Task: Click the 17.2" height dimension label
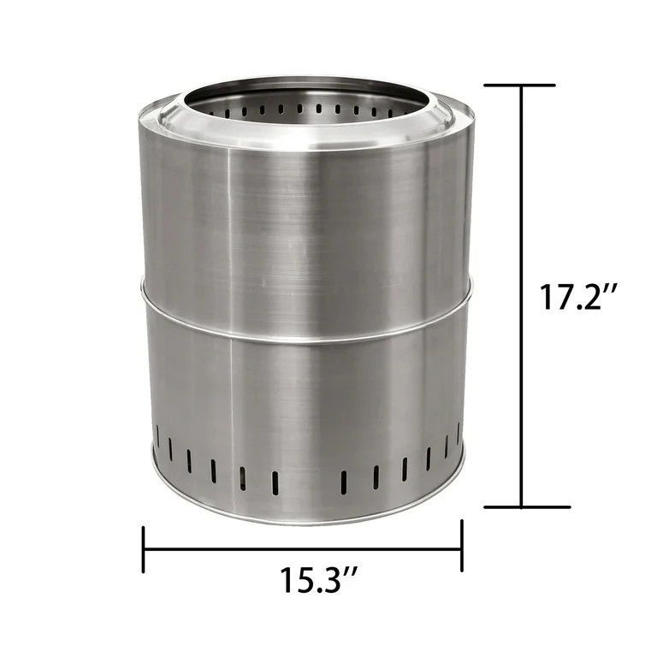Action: [x=577, y=297]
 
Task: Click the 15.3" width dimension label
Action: [x=318, y=579]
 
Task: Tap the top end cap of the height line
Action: [x=520, y=85]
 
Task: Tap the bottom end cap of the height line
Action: [x=527, y=506]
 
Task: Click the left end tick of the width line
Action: [x=144, y=549]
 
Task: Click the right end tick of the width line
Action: [x=462, y=546]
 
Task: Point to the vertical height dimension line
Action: [x=521, y=296]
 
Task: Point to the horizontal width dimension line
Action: [x=303, y=548]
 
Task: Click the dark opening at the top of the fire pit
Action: [x=305, y=105]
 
